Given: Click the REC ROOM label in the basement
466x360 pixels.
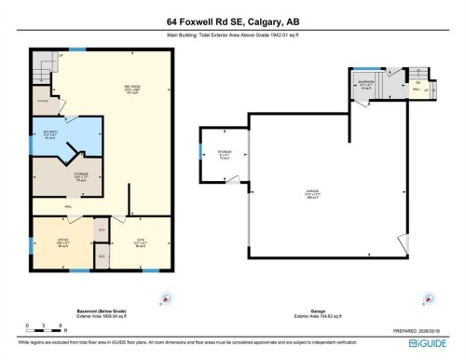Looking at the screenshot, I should [133, 90].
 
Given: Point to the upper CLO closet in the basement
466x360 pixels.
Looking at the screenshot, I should [100, 226].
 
